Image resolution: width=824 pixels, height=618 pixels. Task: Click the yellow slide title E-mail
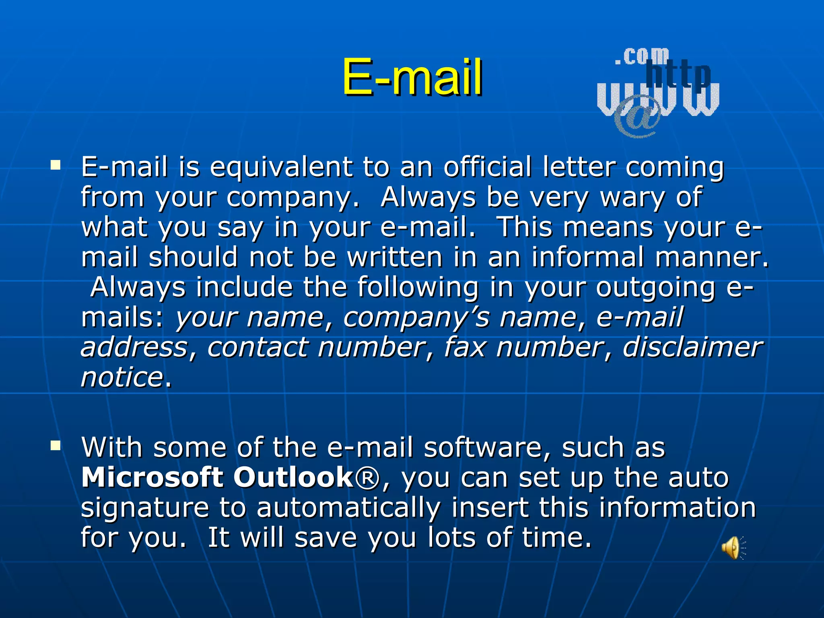tap(412, 77)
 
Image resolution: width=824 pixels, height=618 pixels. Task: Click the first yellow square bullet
tap(56, 165)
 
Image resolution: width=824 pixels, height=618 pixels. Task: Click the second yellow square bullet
tap(56, 445)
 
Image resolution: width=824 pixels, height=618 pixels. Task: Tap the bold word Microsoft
tap(152, 478)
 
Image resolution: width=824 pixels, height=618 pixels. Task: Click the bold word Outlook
tap(293, 478)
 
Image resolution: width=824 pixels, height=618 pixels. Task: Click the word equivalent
tap(281, 167)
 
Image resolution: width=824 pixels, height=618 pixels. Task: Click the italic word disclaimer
tap(692, 347)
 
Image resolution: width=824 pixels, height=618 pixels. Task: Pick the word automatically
tap(348, 509)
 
